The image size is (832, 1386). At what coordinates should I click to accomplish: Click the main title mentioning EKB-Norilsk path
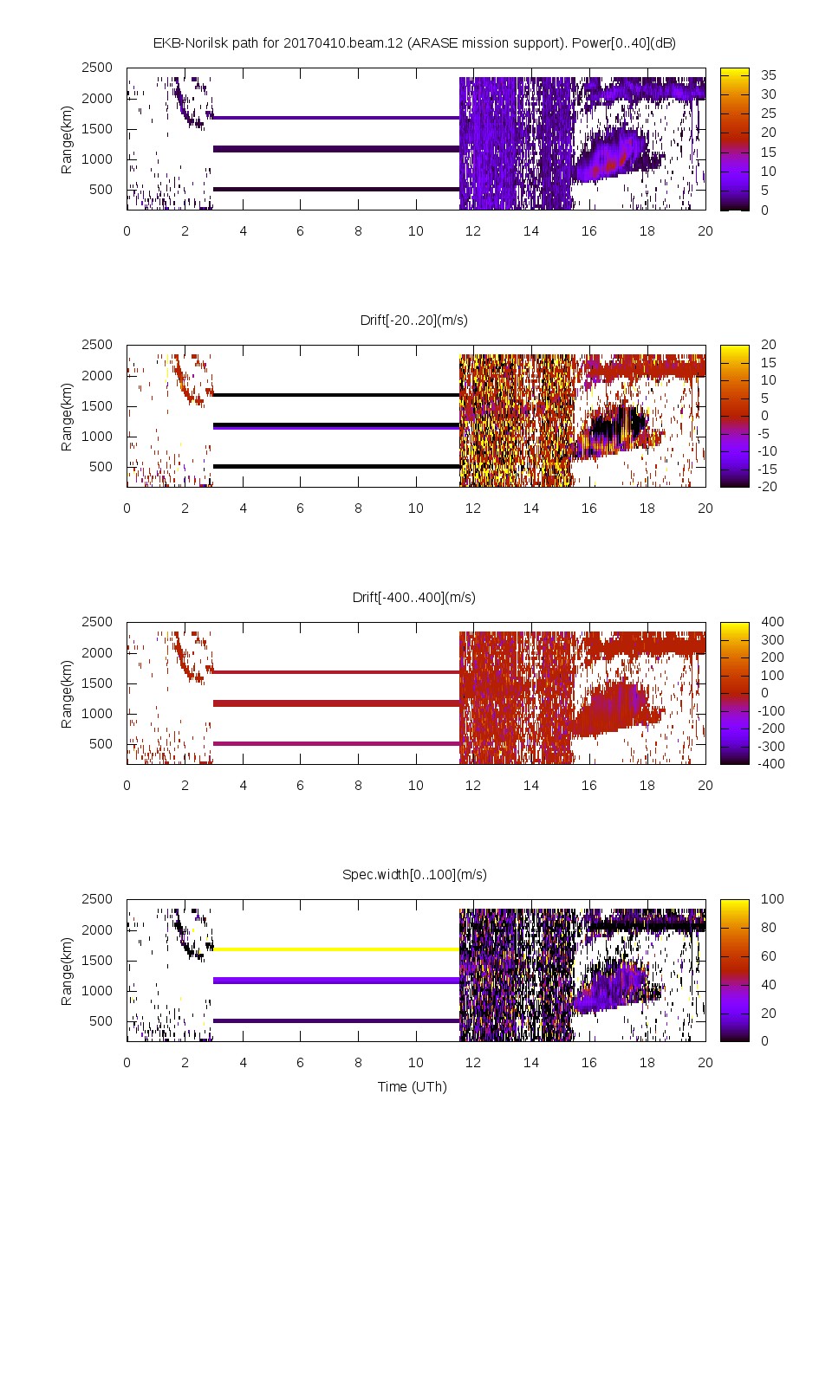click(x=413, y=42)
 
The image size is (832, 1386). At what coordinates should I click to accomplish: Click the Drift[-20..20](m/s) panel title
click(x=413, y=320)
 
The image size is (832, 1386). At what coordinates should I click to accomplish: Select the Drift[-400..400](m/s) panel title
click(x=413, y=597)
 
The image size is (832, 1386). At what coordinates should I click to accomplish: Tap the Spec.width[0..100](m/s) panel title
click(x=413, y=874)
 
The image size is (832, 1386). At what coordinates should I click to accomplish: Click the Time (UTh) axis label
click(x=412, y=1086)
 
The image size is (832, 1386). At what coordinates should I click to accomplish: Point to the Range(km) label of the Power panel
click(x=67, y=139)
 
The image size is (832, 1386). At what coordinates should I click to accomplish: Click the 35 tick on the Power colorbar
click(x=768, y=75)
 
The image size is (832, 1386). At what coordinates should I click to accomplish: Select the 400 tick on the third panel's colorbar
click(x=771, y=622)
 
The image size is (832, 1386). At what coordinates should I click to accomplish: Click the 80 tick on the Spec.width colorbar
click(x=768, y=928)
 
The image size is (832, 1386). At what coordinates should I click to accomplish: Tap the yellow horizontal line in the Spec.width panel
click(x=336, y=949)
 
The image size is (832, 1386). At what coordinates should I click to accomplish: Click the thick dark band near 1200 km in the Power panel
click(x=336, y=149)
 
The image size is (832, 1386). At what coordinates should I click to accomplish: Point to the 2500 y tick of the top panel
click(x=97, y=68)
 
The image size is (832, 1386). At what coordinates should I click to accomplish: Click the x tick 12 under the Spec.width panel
click(x=473, y=1062)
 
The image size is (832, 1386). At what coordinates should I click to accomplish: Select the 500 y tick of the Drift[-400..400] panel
click(x=101, y=743)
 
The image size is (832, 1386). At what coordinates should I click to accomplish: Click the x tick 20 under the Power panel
click(x=705, y=230)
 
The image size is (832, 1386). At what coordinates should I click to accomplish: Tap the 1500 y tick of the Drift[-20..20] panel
click(x=97, y=405)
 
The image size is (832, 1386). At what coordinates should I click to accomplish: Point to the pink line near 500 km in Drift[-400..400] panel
click(x=336, y=743)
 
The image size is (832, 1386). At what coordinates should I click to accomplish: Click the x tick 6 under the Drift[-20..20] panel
click(x=300, y=508)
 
